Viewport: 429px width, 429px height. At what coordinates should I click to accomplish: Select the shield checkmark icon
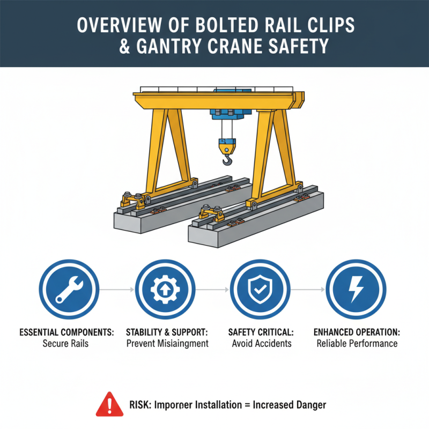(260, 290)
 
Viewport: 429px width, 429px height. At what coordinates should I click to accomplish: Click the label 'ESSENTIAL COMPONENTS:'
(68, 332)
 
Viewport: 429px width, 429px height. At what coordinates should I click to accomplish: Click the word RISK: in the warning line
(140, 405)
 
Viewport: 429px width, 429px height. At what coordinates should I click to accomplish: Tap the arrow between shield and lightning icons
(308, 290)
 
